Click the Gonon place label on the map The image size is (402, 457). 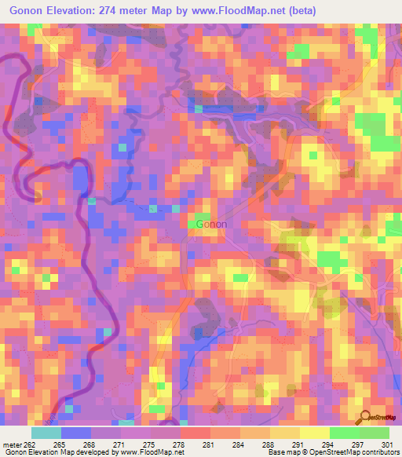[211, 224]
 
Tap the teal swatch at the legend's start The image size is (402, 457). [46, 433]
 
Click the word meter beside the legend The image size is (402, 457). [12, 444]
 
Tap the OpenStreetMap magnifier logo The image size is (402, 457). [364, 417]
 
